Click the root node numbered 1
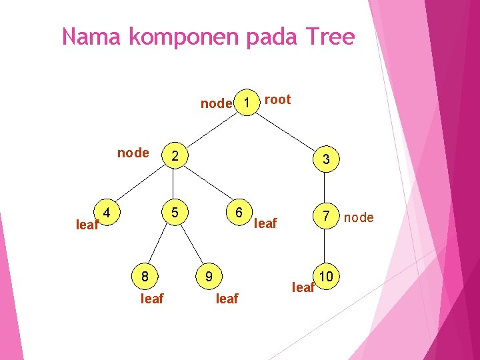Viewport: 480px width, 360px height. pos(247,103)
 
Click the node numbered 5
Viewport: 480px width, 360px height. pos(174,213)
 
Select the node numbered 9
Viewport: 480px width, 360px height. pos(209,275)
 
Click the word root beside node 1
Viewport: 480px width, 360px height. pos(278,100)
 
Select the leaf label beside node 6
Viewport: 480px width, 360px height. pos(266,223)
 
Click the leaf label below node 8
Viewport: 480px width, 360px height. pos(152,299)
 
